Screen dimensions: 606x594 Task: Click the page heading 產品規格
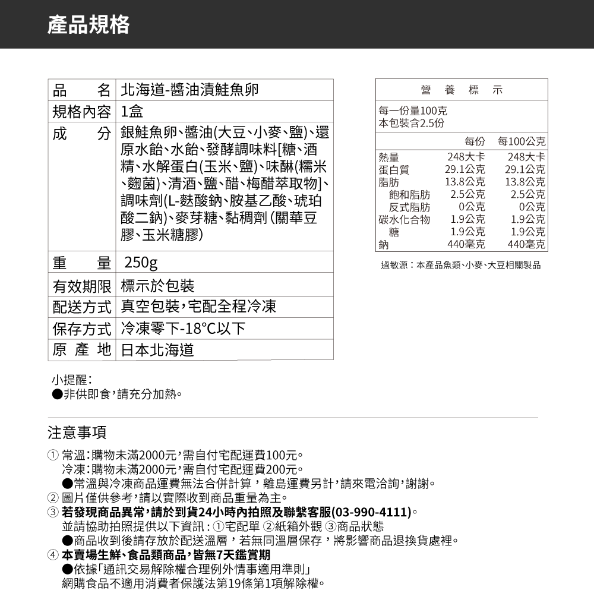[x=89, y=24]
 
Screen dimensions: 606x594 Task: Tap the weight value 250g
[x=140, y=263]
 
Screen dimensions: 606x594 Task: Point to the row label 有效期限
[x=82, y=286]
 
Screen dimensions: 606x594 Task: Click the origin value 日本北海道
[x=157, y=350]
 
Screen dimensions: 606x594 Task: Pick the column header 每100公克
[x=522, y=143]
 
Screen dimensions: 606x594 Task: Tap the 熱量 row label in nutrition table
[x=389, y=157]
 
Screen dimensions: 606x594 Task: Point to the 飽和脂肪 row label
[x=410, y=194]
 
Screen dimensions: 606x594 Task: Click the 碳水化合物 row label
[x=404, y=219]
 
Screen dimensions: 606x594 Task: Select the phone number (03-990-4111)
[x=372, y=512]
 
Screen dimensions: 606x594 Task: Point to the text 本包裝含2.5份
[x=412, y=123]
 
